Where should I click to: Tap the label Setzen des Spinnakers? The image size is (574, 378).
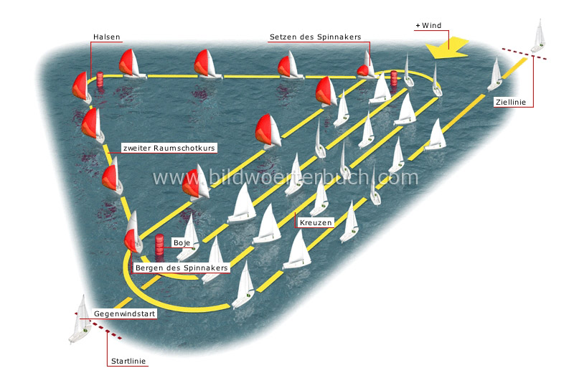pyautogui.click(x=315, y=37)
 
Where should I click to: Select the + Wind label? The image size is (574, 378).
pyautogui.click(x=428, y=26)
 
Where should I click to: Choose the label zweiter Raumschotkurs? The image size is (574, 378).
pyautogui.click(x=169, y=148)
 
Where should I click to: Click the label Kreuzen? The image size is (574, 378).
pyautogui.click(x=316, y=223)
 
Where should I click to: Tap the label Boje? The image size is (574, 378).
pyautogui.click(x=182, y=243)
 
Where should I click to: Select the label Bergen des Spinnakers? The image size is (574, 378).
pyautogui.click(x=182, y=268)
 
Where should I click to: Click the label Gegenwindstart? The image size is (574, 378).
pyautogui.click(x=124, y=314)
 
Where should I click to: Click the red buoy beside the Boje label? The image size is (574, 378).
pyautogui.click(x=159, y=245)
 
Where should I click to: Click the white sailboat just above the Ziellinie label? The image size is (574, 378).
pyautogui.click(x=494, y=75)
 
